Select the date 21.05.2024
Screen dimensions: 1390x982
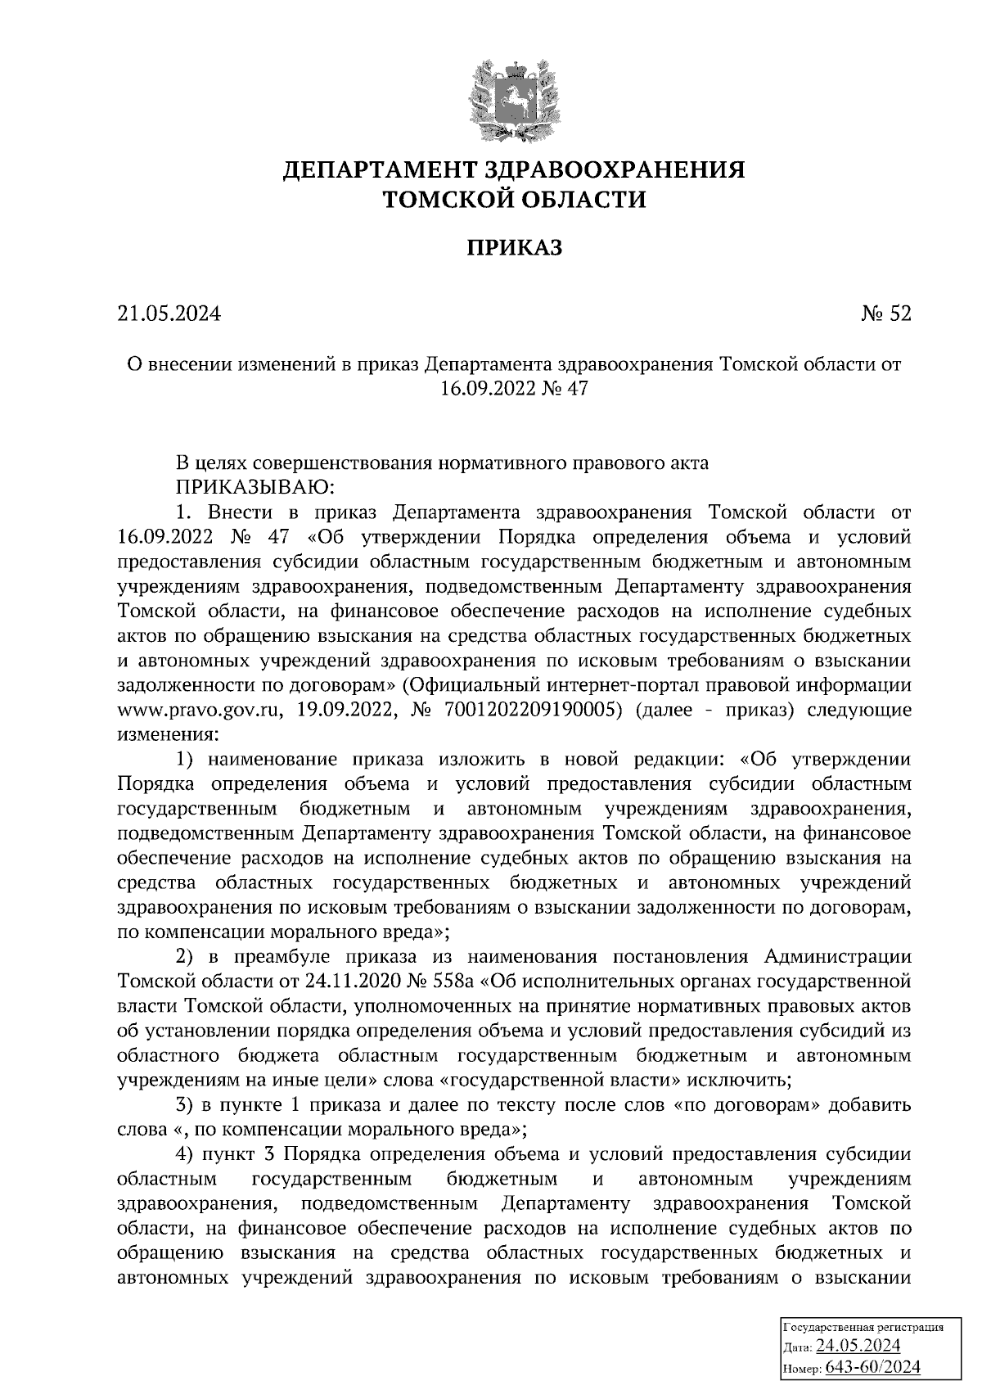[169, 314]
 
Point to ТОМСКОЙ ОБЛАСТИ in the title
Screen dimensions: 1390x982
[514, 199]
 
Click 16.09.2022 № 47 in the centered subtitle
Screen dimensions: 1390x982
[514, 390]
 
